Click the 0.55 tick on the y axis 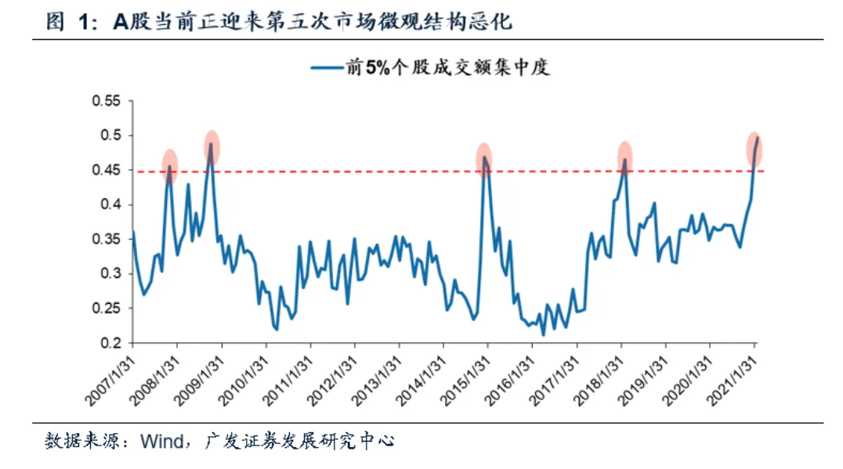tap(108, 101)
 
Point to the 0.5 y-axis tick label tap(111, 135)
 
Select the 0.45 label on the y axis tap(108, 170)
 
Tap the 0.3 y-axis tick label tap(111, 273)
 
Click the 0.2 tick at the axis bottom tap(111, 343)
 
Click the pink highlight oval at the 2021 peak tap(754, 149)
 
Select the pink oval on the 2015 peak tap(484, 160)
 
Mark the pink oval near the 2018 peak tap(624, 157)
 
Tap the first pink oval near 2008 tap(169, 164)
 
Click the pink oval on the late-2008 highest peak tap(211, 146)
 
